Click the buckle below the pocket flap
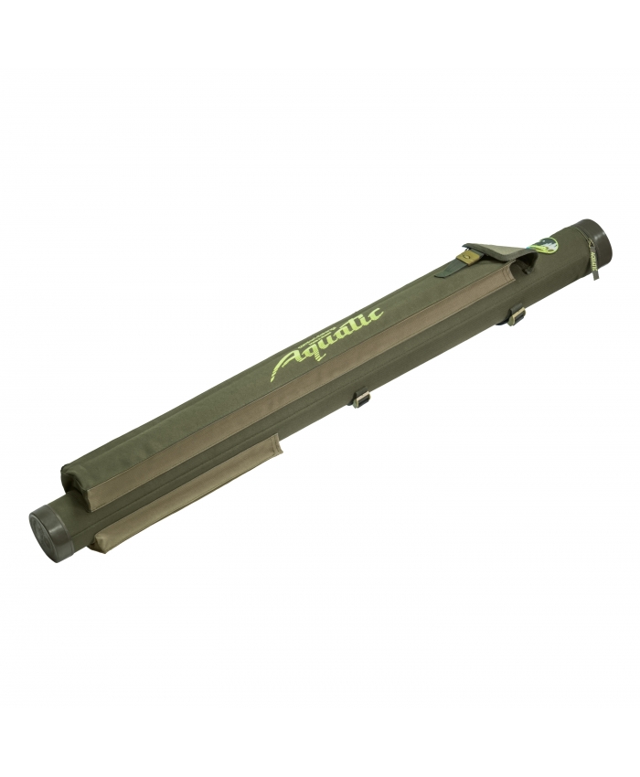(517, 315)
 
